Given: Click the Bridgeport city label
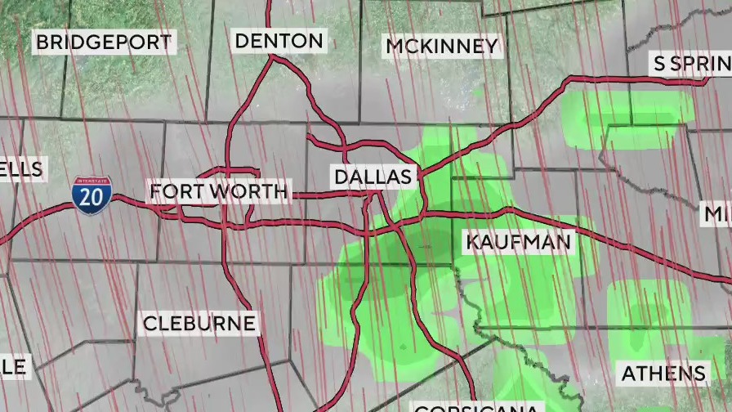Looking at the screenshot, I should [x=104, y=42].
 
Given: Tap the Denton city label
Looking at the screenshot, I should [x=279, y=40].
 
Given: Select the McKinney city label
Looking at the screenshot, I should [x=441, y=47].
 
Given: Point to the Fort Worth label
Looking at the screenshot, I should [x=219, y=192].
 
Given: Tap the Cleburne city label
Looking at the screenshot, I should [x=199, y=324].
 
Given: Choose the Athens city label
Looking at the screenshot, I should [x=663, y=374].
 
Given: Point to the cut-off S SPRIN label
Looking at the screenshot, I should [x=690, y=65].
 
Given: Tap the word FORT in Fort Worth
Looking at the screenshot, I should [x=172, y=192].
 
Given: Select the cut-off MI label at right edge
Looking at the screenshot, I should [x=718, y=215].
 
